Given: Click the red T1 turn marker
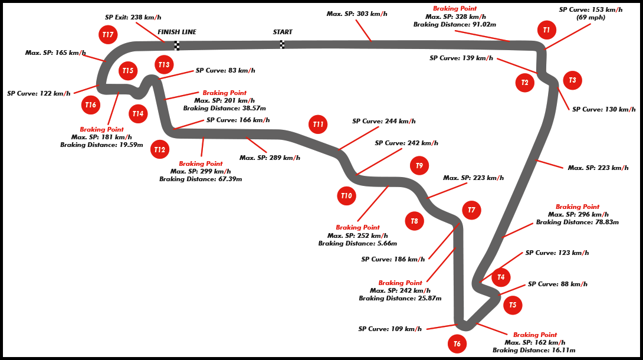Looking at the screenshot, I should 546,30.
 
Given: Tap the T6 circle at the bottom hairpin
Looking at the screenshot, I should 457,343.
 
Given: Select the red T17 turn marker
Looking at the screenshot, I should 107,35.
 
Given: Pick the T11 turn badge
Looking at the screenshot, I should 318,125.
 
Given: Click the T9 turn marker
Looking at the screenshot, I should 419,166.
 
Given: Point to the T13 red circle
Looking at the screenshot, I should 164,65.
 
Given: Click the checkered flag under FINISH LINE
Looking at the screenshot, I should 176,45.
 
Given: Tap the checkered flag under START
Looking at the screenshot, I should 282,45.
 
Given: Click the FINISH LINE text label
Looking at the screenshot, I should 177,32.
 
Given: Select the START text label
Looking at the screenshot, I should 283,32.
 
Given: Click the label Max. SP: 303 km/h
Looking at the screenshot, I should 357,14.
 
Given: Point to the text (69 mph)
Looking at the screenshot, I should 590,18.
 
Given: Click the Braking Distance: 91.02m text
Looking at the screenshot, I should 454,25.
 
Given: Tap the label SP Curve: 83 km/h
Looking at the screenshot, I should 225,71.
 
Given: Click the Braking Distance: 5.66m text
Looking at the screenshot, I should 357,243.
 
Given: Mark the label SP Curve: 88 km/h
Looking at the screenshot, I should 557,284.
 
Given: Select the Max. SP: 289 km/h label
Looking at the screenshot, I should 270,158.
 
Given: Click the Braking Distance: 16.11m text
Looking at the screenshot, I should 534,350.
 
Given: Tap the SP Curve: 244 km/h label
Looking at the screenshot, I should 383,121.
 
